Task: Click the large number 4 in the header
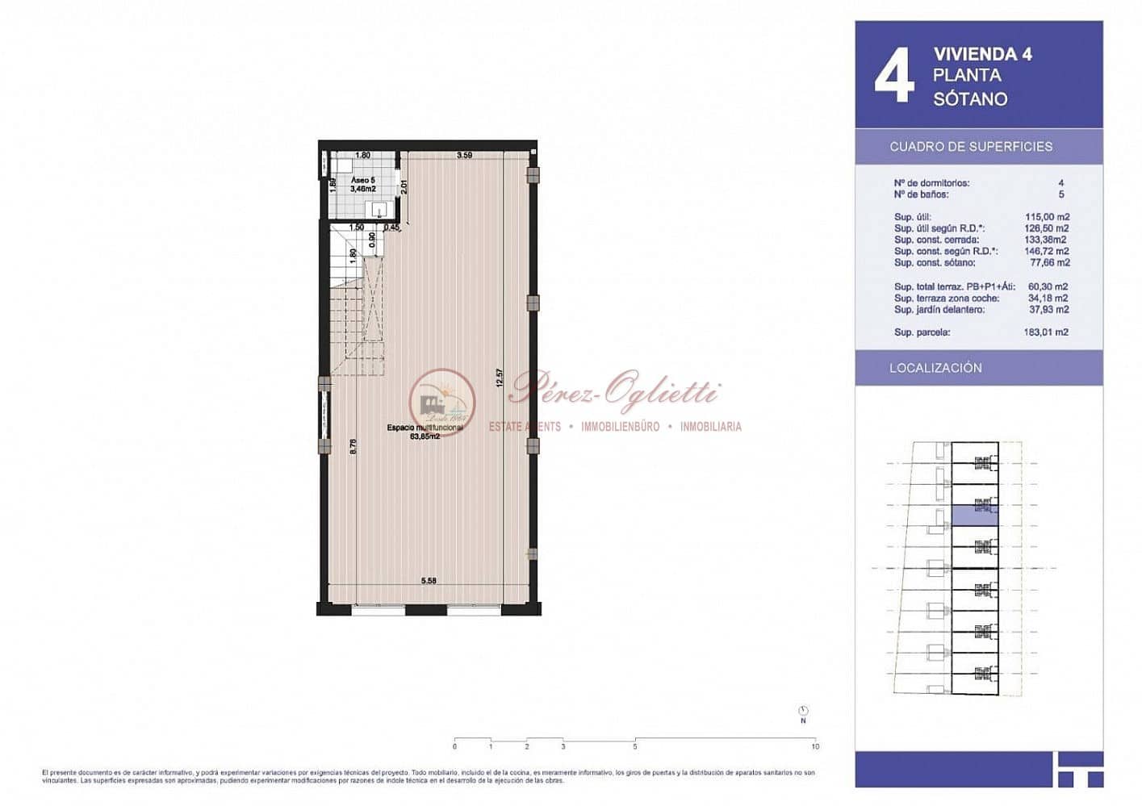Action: [894, 75]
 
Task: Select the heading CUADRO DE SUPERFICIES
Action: [971, 147]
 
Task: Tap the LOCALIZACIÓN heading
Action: [935, 368]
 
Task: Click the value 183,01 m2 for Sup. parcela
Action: [1046, 332]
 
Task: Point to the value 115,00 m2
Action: [1048, 217]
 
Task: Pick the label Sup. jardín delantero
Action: [939, 310]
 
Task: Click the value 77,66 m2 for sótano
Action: [1048, 263]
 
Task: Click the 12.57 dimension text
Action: [500, 379]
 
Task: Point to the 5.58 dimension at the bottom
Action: [429, 581]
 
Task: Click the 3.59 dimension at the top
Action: [464, 155]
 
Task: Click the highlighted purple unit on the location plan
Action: [975, 515]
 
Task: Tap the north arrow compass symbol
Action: [803, 712]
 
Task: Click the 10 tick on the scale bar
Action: [815, 746]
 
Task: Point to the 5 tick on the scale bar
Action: [635, 746]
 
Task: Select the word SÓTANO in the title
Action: [970, 99]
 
